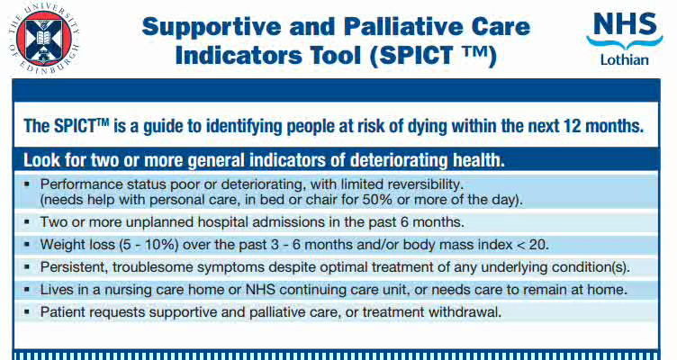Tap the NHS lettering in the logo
[625, 23]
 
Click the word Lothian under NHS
[625, 60]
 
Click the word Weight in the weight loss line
[63, 244]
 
